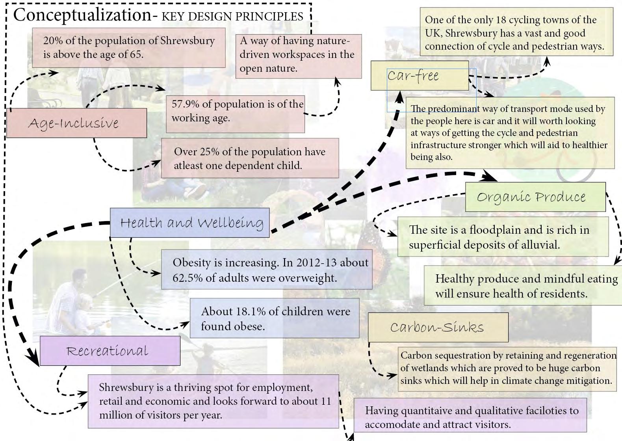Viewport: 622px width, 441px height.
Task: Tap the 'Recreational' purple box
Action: [110, 351]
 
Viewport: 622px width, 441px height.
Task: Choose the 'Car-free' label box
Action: [420, 75]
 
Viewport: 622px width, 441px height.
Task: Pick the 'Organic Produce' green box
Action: [535, 197]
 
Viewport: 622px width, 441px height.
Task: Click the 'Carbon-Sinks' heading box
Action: [438, 327]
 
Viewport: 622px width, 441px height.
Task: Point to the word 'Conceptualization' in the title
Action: [82, 15]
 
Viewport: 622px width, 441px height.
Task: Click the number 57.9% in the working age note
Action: [185, 104]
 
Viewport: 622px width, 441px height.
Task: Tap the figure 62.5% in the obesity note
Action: [187, 278]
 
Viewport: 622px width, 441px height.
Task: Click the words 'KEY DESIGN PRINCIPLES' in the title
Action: [232, 16]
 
